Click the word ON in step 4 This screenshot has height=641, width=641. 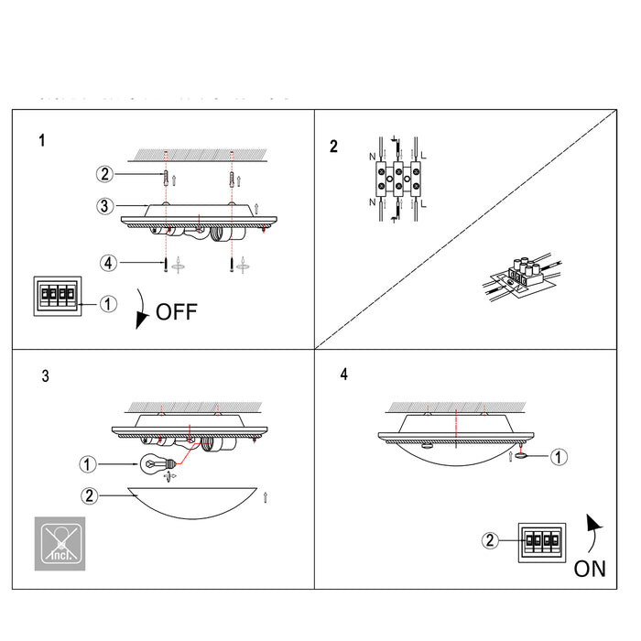point(590,569)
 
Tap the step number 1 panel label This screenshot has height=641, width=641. point(41,141)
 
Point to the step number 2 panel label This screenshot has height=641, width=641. point(333,146)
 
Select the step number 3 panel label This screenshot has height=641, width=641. point(46,376)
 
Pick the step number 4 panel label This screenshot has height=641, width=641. point(343,375)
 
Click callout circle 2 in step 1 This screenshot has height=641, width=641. point(105,173)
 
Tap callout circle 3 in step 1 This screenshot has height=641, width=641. point(105,205)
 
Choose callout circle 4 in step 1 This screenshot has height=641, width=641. point(108,263)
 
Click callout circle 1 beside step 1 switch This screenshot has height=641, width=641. point(108,303)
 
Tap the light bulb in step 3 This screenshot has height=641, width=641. point(153,463)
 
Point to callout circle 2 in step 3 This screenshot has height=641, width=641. point(89,496)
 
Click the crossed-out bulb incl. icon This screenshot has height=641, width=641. point(60,542)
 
